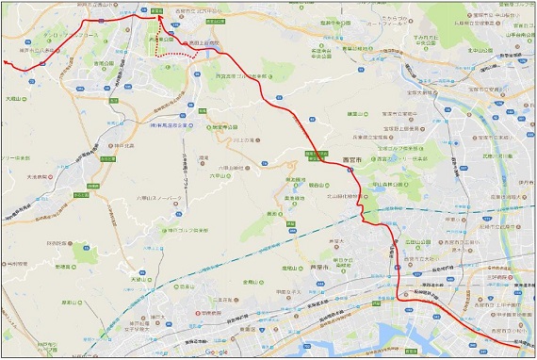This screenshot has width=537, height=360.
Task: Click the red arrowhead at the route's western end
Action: click(x=7, y=63)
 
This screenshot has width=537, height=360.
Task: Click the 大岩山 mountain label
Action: click(x=15, y=96)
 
